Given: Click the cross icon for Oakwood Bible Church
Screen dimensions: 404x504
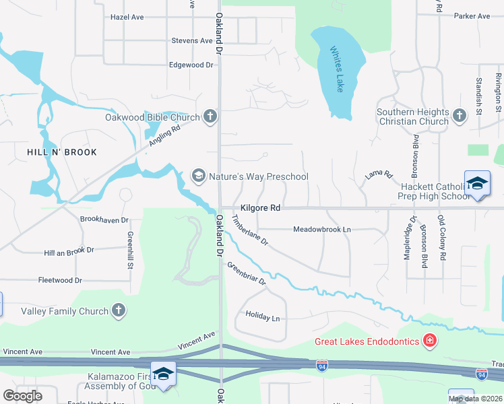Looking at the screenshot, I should [210, 117].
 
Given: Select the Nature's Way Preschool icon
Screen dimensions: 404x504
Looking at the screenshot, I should [198, 176].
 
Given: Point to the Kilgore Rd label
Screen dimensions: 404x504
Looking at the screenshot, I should [260, 209].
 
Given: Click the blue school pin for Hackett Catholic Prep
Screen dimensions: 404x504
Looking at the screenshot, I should [476, 184].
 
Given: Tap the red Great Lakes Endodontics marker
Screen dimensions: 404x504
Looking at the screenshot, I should [429, 341].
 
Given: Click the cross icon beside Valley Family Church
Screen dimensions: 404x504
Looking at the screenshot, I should [119, 310].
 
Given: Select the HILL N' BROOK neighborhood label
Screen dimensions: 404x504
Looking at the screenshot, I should [61, 152].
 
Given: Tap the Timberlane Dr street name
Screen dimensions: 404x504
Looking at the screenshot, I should [250, 231].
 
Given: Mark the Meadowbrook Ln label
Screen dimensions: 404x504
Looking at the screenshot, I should [322, 230].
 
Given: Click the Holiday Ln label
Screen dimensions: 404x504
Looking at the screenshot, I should [262, 315].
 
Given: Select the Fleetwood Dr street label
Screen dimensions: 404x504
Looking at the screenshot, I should [60, 280].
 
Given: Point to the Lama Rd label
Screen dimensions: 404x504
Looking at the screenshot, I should [378, 176].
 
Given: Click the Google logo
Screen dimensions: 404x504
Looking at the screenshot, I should [22, 396].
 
